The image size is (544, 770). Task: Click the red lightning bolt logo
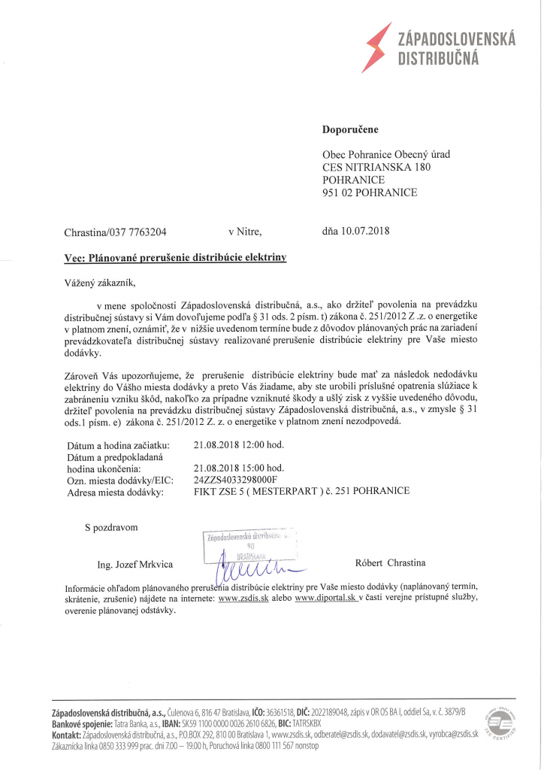click(x=376, y=47)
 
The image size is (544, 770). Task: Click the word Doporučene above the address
click(x=350, y=129)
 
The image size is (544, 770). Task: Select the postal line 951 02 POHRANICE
click(x=370, y=192)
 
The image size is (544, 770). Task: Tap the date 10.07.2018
click(x=365, y=231)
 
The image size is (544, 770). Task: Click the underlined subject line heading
click(x=175, y=258)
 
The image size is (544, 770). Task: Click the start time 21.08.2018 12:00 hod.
click(x=238, y=444)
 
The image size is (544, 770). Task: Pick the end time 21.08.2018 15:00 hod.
click(x=238, y=468)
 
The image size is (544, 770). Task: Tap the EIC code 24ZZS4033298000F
click(x=235, y=479)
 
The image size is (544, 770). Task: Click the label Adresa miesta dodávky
click(x=113, y=492)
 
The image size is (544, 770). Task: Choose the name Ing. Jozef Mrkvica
click(x=135, y=564)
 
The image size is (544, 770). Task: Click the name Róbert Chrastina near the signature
click(x=390, y=562)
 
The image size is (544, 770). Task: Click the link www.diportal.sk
click(x=324, y=599)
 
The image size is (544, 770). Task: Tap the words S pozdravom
click(x=111, y=527)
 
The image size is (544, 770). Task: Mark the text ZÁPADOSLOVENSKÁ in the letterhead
click(x=456, y=41)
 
